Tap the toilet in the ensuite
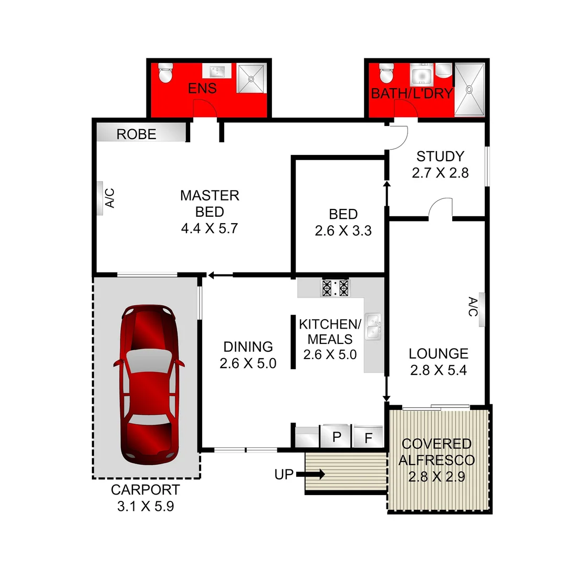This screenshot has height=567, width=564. [165, 74]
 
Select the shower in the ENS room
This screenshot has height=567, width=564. [252, 79]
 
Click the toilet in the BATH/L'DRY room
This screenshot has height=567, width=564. [387, 74]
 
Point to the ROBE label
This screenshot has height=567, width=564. [137, 134]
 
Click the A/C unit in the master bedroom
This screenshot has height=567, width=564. [100, 198]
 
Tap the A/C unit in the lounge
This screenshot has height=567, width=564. [481, 308]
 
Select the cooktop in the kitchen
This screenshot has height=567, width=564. [335, 288]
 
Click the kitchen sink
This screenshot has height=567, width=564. [373, 325]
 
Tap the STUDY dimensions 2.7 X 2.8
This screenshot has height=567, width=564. [440, 173]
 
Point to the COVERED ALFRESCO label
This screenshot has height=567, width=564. [436, 452]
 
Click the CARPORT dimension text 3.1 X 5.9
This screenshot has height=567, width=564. [145, 507]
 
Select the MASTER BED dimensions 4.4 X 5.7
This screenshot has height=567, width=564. [210, 228]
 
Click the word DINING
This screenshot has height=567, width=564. [248, 346]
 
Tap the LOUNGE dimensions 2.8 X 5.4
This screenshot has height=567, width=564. [438, 370]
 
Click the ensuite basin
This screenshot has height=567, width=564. [216, 71]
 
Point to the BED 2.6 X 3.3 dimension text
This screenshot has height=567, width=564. [343, 230]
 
